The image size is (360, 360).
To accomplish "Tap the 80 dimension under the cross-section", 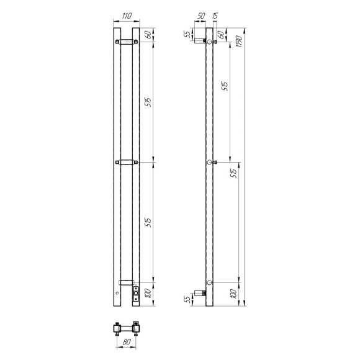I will point(127,341).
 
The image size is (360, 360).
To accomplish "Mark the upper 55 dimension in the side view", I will point(187,34).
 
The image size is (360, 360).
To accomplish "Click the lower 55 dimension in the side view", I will point(187,301).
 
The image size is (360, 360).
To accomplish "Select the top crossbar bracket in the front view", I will point(127,42).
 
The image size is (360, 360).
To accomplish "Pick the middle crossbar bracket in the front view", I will point(127,163).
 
